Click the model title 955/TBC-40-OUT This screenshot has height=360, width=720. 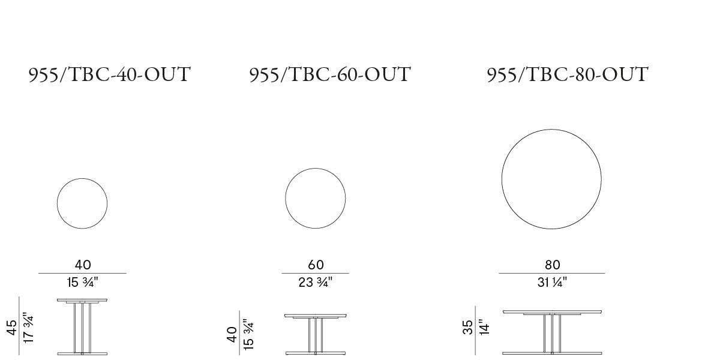coord(109,75)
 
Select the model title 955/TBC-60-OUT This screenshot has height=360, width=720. coord(330,75)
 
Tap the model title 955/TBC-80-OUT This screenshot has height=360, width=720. coord(568,75)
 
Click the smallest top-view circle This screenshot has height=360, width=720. coord(57,203)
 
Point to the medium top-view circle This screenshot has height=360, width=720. coord(286,199)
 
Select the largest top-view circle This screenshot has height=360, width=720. coord(502,179)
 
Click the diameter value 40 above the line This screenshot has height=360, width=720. coord(83,265)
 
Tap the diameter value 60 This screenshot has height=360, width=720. coord(316,265)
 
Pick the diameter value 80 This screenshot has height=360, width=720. coord(553,265)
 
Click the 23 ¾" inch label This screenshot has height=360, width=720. coord(316,283)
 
